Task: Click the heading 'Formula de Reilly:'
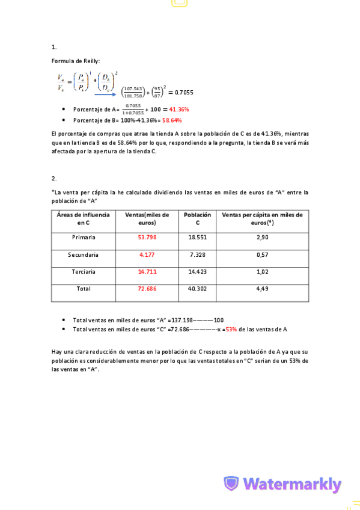[x=76, y=61]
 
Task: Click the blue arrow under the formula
[x=106, y=94]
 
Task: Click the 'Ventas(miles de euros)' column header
[x=147, y=218]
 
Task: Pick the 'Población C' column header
[x=197, y=218]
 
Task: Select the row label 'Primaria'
[x=84, y=238]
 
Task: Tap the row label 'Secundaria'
[x=84, y=255]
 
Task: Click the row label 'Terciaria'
[x=84, y=272]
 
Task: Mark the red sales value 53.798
[x=147, y=238]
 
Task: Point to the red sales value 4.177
[x=147, y=255]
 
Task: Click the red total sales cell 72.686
[x=147, y=289]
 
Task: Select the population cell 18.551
[x=197, y=238]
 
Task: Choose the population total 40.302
[x=197, y=289]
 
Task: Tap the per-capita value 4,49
[x=262, y=289]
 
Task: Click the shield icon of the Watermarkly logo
[x=231, y=484]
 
